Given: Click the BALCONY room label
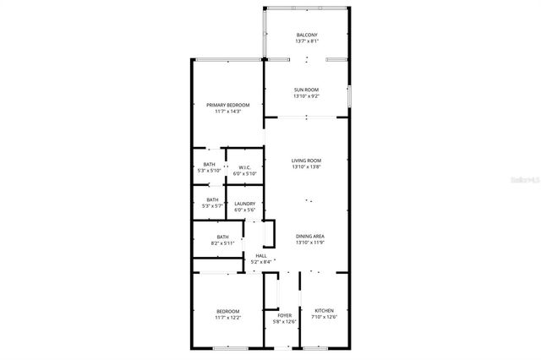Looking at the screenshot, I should (x=307, y=35).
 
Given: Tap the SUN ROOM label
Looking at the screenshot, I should (x=306, y=90).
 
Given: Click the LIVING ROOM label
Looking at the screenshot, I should (x=306, y=161).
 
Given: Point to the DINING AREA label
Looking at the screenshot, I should (x=309, y=236).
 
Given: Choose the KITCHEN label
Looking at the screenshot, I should (x=325, y=311).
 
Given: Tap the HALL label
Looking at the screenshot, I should (x=261, y=255).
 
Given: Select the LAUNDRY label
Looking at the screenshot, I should (x=245, y=203).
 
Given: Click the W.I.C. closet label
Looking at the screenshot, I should (x=245, y=166).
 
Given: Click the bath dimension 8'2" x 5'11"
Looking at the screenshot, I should (x=223, y=243).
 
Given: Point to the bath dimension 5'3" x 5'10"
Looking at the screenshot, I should (x=210, y=171).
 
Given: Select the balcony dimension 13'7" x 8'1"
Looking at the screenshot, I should (x=307, y=41).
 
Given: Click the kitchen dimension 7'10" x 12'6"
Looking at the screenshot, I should (x=325, y=318).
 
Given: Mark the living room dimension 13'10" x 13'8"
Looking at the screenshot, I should (x=306, y=167).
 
